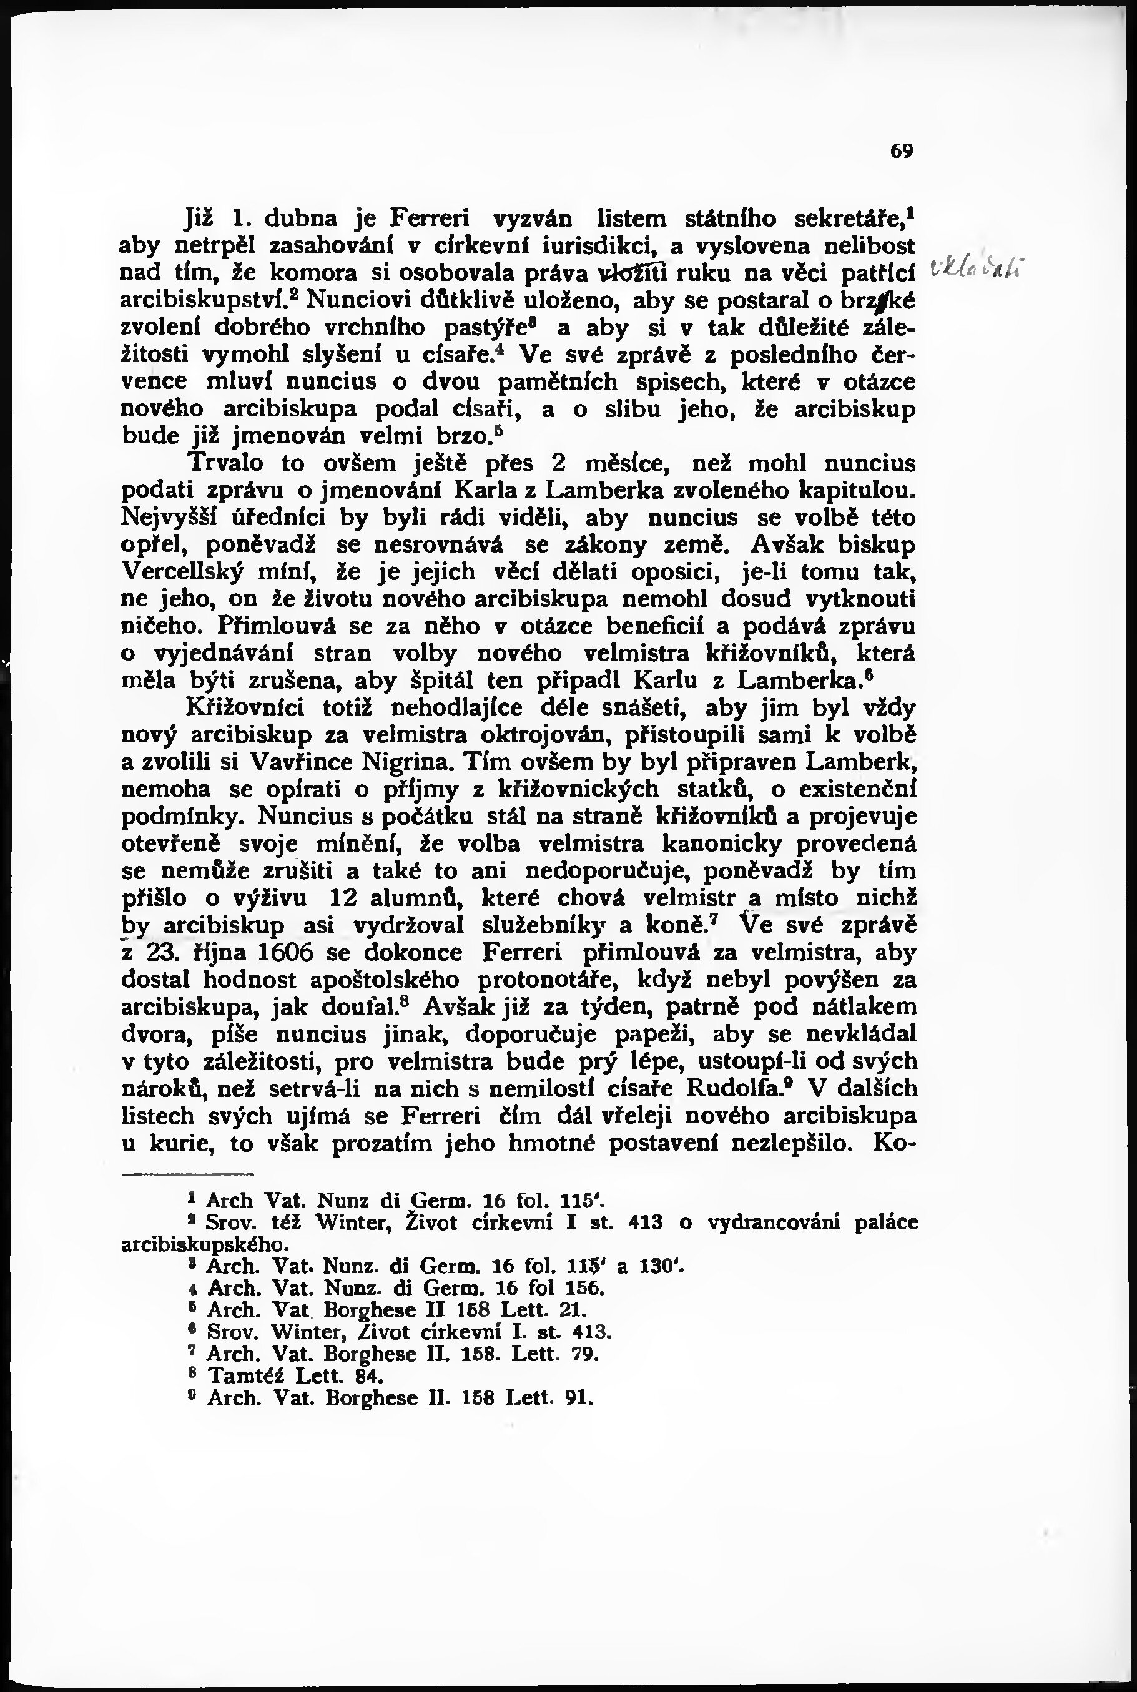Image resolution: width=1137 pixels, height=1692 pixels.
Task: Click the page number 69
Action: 902,152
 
